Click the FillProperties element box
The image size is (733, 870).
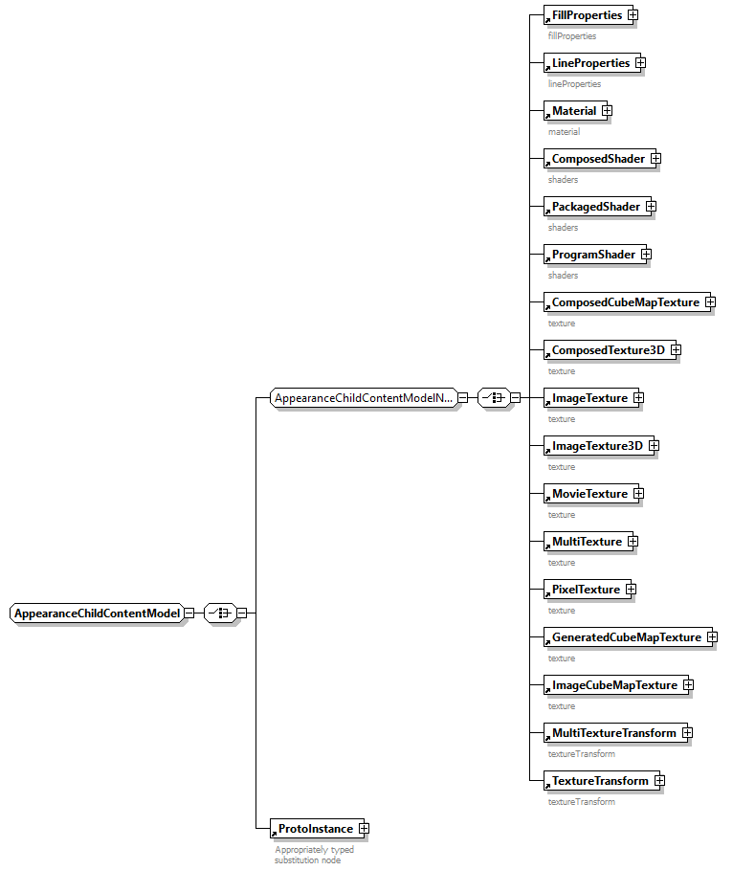[584, 15]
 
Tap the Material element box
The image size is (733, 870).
[571, 111]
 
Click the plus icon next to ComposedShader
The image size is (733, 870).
[655, 159]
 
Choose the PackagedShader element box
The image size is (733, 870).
[592, 207]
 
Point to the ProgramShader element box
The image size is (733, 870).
[590, 255]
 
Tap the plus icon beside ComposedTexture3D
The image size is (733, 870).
[676, 350]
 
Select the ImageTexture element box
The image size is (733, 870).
[587, 398]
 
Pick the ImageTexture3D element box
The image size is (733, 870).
[594, 446]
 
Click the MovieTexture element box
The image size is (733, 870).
[587, 494]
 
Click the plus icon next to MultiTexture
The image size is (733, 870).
[633, 542]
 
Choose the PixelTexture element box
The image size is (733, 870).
[583, 590]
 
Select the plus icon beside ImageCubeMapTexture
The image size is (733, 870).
[688, 685]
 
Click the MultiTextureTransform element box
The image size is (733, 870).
[611, 733]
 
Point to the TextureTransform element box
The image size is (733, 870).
[597, 781]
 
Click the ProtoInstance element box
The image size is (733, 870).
[312, 829]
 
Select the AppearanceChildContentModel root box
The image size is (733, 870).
[96, 613]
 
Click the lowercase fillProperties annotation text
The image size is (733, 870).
[572, 36]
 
